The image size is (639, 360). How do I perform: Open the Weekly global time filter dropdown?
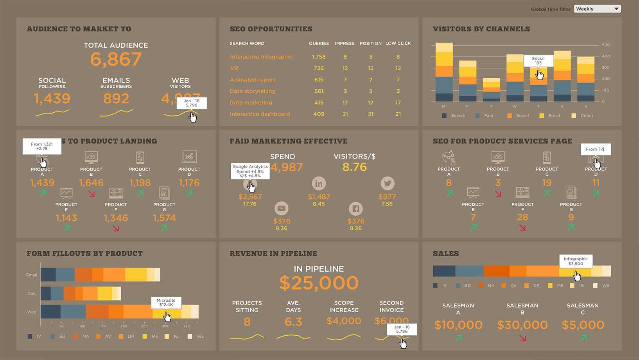pyautogui.click(x=597, y=9)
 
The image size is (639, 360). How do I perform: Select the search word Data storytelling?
pyautogui.click(x=252, y=91)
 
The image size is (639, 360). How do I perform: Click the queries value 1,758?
pyautogui.click(x=319, y=57)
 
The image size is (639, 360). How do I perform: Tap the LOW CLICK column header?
pyautogui.click(x=398, y=43)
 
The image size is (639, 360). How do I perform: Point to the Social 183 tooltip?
pyautogui.click(x=538, y=61)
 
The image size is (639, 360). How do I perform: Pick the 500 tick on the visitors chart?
pyautogui.click(x=605, y=45)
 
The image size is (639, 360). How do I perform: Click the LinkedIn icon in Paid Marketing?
pyautogui.click(x=319, y=184)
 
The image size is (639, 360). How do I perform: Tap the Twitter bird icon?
pyautogui.click(x=387, y=184)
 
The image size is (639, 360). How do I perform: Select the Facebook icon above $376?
pyautogui.click(x=355, y=209)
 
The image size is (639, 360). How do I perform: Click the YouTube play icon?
pyautogui.click(x=281, y=209)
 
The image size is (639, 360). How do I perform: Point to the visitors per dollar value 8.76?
pyautogui.click(x=354, y=167)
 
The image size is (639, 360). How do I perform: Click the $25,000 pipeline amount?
pyautogui.click(x=319, y=283)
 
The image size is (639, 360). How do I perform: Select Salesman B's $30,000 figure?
pyautogui.click(x=522, y=325)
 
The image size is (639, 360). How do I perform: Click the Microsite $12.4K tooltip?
pyautogui.click(x=166, y=302)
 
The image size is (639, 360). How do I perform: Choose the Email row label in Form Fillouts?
pyautogui.click(x=32, y=275)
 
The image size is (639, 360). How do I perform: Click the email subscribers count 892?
pyautogui.click(x=116, y=99)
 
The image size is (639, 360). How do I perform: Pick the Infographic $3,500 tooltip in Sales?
pyautogui.click(x=576, y=261)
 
